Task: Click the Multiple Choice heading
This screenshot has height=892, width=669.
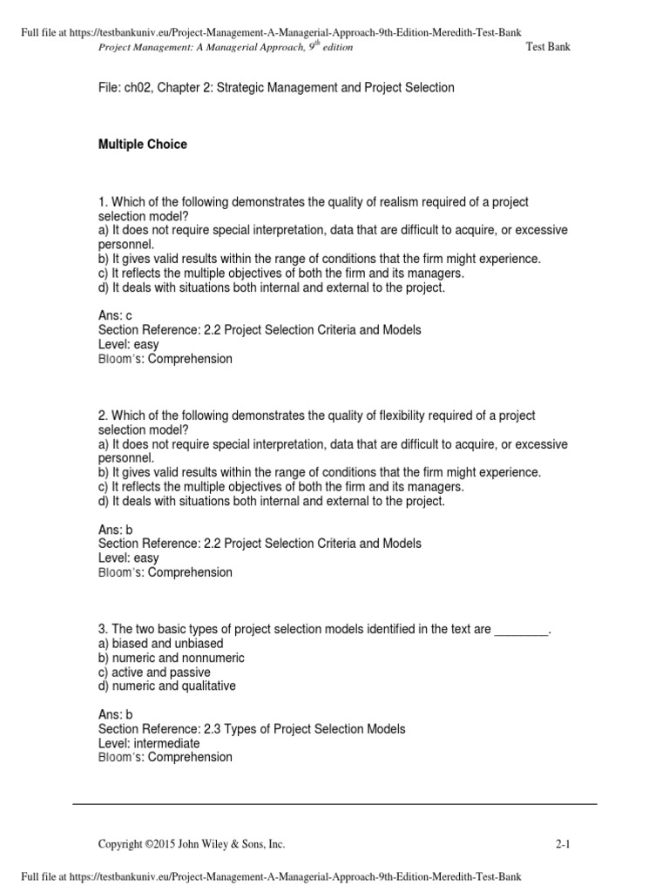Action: (x=142, y=145)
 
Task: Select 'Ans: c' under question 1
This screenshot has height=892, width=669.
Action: (x=116, y=314)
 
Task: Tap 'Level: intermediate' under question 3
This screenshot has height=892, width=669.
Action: (x=148, y=743)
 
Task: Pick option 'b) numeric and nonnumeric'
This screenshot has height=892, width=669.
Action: (x=171, y=658)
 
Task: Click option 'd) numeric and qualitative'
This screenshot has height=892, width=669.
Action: (x=166, y=686)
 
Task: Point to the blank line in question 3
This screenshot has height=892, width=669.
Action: (x=522, y=630)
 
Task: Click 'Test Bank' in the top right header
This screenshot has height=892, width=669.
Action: (x=549, y=47)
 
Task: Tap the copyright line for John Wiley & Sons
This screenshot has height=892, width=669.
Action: (x=192, y=844)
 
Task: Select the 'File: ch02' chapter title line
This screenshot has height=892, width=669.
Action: (x=276, y=88)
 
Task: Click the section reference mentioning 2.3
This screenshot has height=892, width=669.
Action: (x=251, y=729)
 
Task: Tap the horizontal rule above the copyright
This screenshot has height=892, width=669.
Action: (x=334, y=803)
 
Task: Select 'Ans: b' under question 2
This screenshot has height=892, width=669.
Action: (x=116, y=529)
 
